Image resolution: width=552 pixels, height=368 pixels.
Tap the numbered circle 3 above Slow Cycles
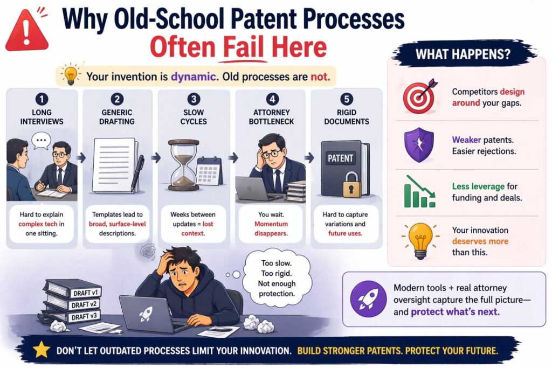click(194, 99)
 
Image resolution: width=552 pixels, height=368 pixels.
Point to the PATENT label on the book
click(340, 158)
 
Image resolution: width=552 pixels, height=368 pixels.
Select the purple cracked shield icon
click(419, 145)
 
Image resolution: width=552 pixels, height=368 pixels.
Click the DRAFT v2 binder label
click(80, 305)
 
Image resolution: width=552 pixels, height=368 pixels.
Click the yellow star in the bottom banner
click(41, 350)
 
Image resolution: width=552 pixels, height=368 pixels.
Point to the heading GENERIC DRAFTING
click(118, 116)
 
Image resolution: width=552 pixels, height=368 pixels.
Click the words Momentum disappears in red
click(270, 228)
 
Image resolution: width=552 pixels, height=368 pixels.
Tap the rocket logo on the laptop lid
click(146, 314)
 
